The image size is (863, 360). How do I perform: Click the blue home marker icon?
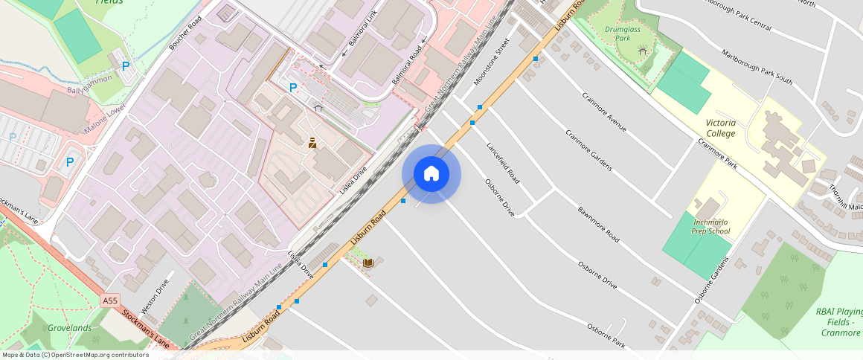(431, 174)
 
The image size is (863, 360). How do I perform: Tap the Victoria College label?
(720, 128)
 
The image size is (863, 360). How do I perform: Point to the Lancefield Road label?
(503, 164)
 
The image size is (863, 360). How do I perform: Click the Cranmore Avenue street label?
(604, 112)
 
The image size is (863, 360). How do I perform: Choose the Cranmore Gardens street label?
(588, 150)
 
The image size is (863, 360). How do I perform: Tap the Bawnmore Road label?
(598, 224)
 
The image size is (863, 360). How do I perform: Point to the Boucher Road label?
(185, 33)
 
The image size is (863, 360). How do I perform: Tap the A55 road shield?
(110, 300)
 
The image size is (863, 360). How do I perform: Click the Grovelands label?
(69, 328)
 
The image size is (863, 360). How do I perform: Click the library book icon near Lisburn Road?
(368, 263)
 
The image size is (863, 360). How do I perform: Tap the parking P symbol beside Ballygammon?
(126, 66)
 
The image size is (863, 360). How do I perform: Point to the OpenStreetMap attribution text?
(75, 355)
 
